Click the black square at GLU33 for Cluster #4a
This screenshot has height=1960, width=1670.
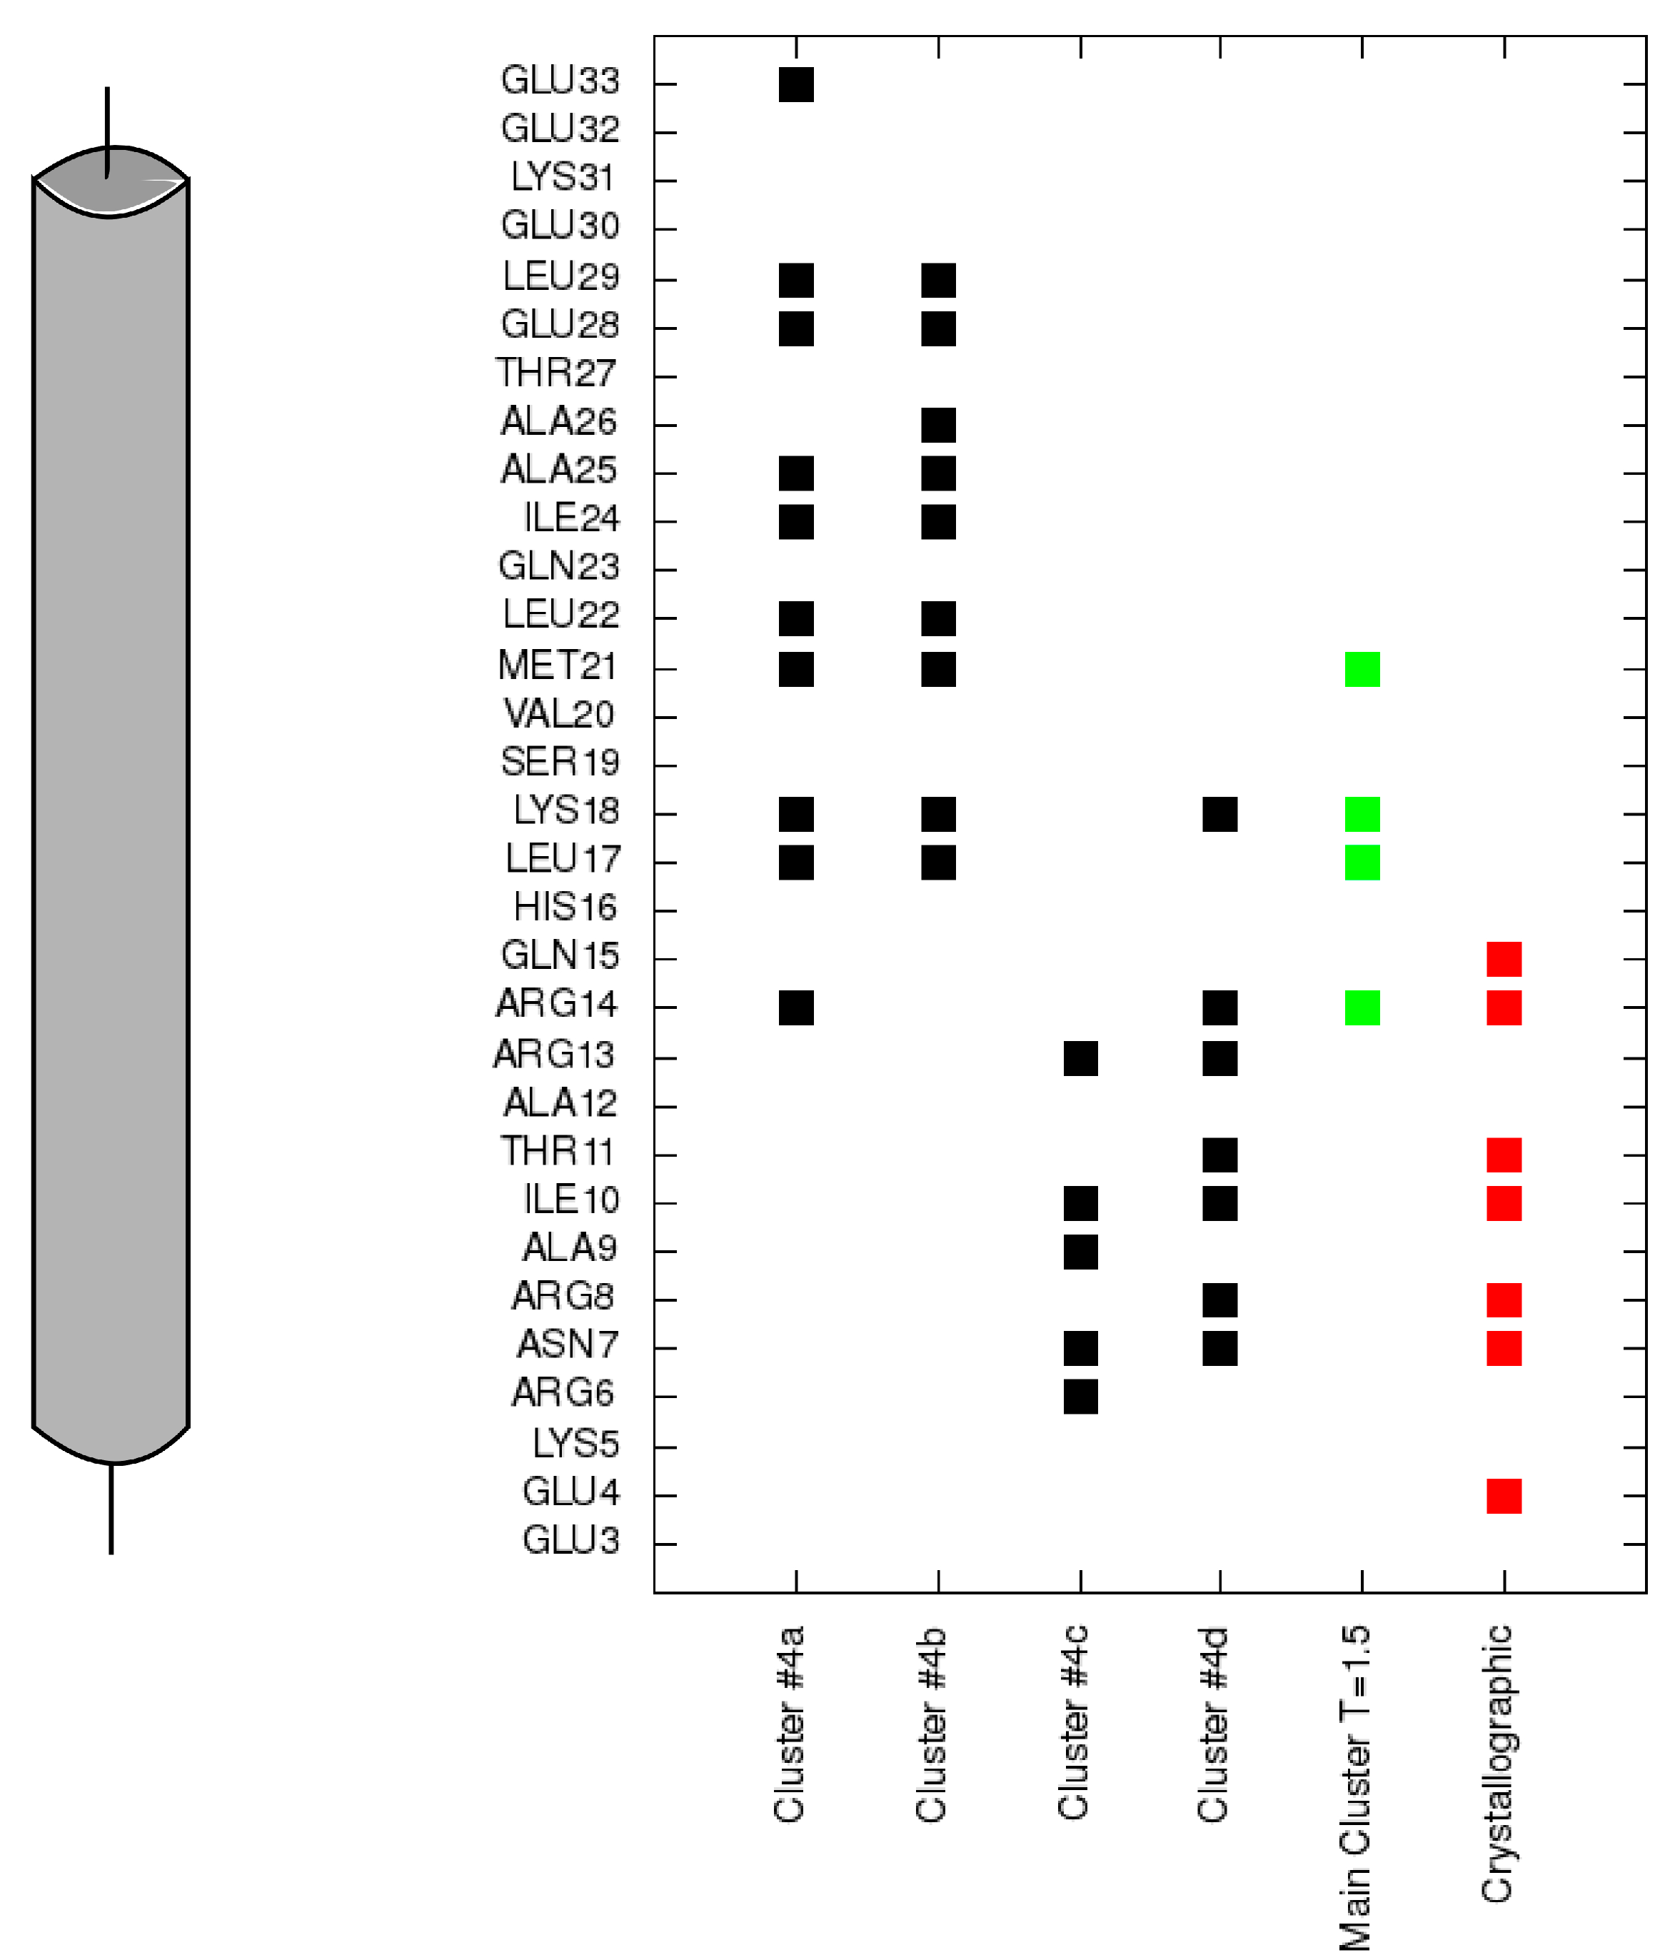click(x=795, y=84)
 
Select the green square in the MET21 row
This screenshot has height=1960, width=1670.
click(x=1361, y=669)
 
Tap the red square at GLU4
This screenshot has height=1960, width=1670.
click(x=1503, y=1496)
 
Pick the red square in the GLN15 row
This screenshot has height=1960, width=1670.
click(x=1503, y=958)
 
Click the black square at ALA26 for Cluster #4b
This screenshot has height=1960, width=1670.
click(x=937, y=425)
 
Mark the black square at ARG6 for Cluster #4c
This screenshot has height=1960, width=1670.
click(x=1080, y=1396)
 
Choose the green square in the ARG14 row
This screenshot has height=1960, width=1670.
click(x=1361, y=1007)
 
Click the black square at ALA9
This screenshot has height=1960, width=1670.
click(x=1080, y=1252)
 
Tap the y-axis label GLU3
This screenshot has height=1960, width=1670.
click(x=570, y=1540)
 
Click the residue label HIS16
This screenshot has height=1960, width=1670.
click(x=565, y=907)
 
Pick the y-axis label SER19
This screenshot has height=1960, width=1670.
click(x=559, y=761)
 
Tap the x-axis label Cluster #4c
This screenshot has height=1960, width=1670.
click(x=1072, y=1722)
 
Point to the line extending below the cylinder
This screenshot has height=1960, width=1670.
click(x=111, y=1508)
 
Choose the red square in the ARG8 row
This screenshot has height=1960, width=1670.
click(x=1503, y=1300)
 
